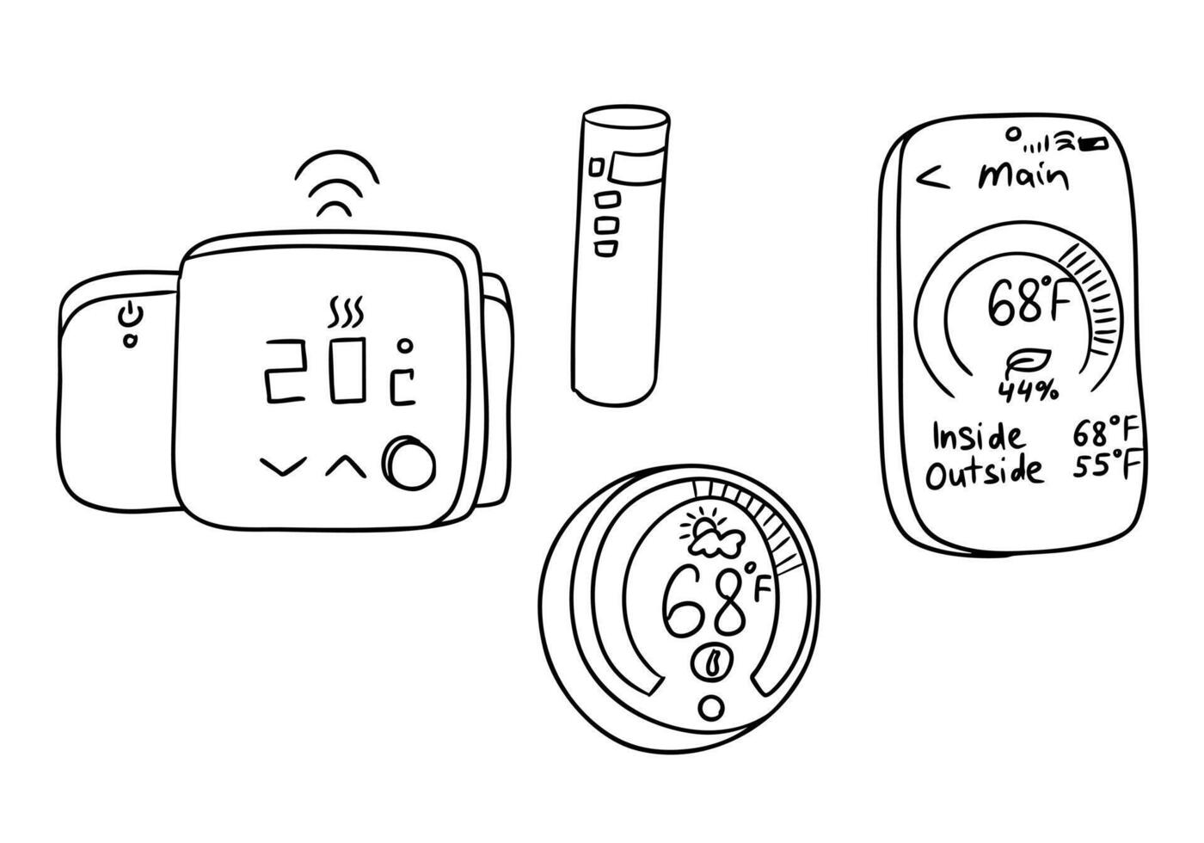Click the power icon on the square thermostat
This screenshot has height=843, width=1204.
pos(129,315)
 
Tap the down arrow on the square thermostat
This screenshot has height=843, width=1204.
pos(283,468)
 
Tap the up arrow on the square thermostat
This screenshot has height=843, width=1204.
pos(345,466)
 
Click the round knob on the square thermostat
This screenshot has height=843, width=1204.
pos(409,465)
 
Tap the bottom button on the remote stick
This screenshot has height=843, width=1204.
pos(605,249)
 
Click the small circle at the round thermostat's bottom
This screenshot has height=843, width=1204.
pos(711,708)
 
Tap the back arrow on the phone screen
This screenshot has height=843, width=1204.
pos(932,178)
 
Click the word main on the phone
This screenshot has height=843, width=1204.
pos(1023,176)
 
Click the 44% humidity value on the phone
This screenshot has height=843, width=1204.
pos(1028,391)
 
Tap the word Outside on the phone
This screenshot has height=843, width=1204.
pos(984,472)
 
